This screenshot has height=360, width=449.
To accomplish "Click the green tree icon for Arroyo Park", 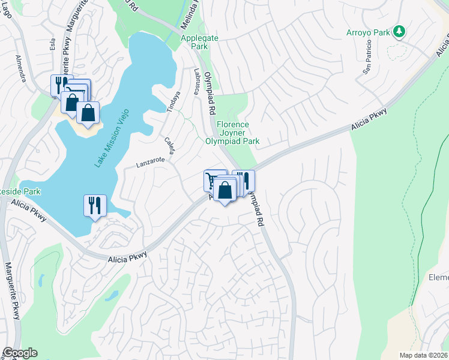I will [398, 32].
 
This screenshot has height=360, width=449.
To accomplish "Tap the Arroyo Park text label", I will [368, 32].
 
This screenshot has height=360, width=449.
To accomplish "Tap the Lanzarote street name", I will [149, 162].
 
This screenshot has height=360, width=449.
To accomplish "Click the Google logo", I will [19, 353].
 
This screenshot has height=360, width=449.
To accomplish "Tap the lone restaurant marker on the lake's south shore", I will [95, 206].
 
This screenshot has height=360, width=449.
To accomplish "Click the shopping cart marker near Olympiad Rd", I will [211, 179].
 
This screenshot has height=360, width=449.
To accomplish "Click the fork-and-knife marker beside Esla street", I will [61, 84].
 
